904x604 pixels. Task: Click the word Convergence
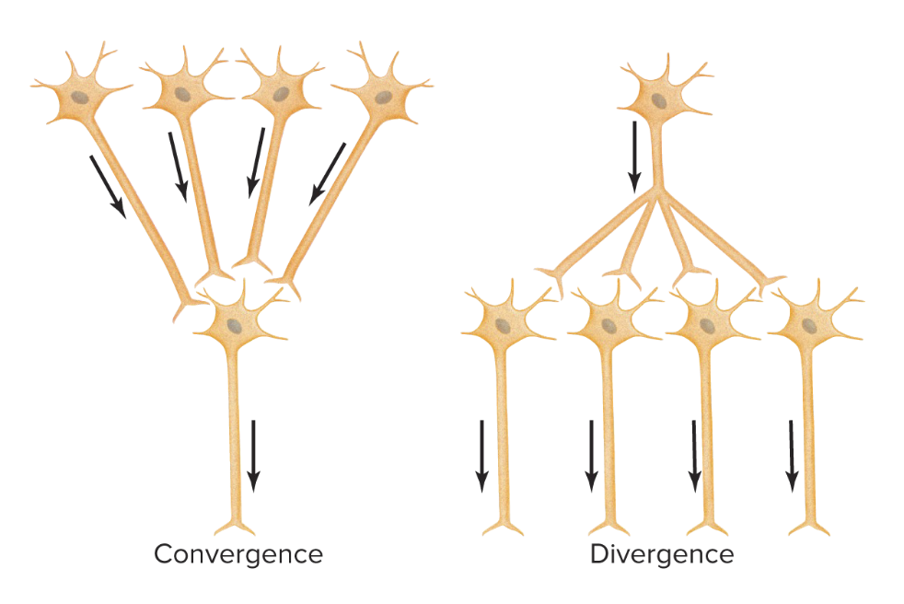(x=238, y=554)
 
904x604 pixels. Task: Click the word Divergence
(x=662, y=554)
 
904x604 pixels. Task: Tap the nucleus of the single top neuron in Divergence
(x=659, y=100)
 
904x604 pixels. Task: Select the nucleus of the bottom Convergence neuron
(x=237, y=324)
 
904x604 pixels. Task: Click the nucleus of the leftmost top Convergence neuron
(x=81, y=97)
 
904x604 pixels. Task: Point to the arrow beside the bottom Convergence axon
(x=253, y=456)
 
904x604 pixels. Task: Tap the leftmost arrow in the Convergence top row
(x=109, y=186)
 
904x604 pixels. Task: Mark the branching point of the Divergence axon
(x=655, y=193)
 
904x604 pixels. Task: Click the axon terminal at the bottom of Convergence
(x=235, y=528)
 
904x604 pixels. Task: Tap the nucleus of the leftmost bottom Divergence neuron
(x=502, y=327)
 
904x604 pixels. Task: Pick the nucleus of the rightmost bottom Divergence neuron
(x=807, y=325)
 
